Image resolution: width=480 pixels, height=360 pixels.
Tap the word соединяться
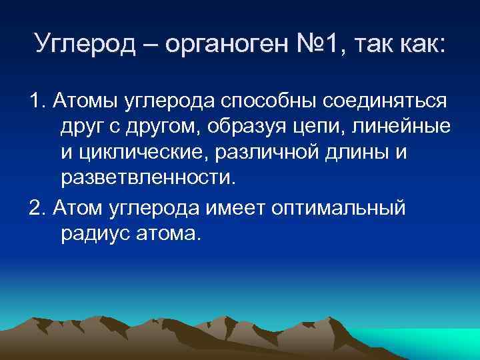pyautogui.click(x=385, y=101)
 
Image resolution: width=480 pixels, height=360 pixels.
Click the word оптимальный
pyautogui.click(x=337, y=207)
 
